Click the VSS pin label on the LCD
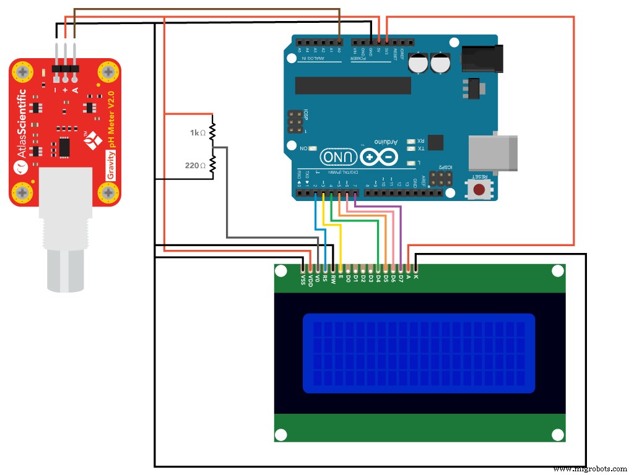[303, 280]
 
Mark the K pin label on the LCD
[416, 276]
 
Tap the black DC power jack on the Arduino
[480, 58]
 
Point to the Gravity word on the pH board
[111, 168]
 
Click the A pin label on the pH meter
[75, 90]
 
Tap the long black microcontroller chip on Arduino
[352, 85]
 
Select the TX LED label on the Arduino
[421, 149]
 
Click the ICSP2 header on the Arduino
[440, 179]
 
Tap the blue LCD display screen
[419, 353]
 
